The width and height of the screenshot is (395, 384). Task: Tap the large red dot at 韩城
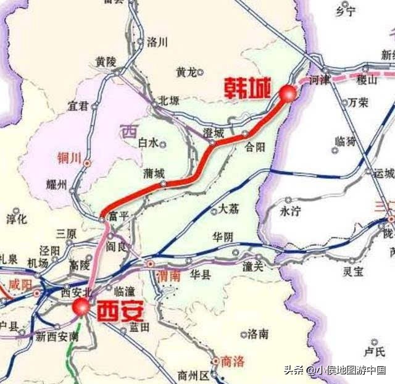click(x=287, y=93)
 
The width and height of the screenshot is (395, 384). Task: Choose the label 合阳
click(x=254, y=146)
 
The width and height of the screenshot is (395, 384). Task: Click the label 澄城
click(x=214, y=132)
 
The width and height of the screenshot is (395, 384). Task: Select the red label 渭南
click(x=168, y=275)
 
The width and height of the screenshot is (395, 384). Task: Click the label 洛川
click(x=157, y=42)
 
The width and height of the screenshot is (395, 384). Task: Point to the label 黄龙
click(x=186, y=72)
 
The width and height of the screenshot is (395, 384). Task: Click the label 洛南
click(x=257, y=334)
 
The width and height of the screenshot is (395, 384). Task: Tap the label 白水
click(x=148, y=143)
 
